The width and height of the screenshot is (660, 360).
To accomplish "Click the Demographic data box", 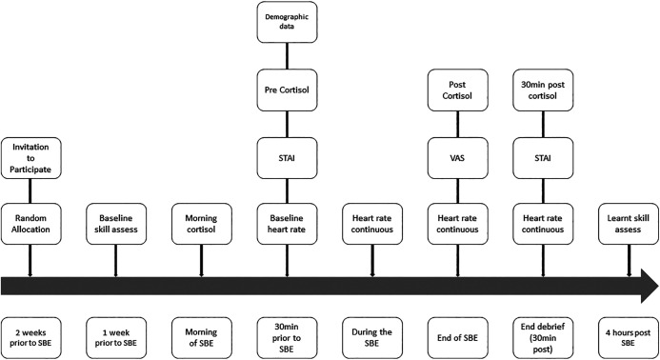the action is point(287,22).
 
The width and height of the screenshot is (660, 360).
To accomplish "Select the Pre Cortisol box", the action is point(287,90).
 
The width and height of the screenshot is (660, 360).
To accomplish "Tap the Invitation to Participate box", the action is point(30,158).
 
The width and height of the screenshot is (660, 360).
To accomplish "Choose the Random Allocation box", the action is point(30,224).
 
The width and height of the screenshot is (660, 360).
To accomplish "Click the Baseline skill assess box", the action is point(116,224).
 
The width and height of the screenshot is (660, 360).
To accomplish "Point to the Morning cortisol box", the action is point(202,224).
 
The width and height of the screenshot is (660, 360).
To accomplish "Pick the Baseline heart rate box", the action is point(287,224).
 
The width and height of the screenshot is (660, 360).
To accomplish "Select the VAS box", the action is point(457,158).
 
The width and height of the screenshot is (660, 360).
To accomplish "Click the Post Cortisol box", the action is point(457,90).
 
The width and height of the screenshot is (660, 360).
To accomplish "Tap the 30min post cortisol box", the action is point(543,90).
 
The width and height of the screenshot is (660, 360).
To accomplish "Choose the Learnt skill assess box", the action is point(629,224).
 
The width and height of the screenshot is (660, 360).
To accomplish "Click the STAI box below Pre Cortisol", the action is point(287,158).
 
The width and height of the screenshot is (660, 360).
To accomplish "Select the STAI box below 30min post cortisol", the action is point(543,158).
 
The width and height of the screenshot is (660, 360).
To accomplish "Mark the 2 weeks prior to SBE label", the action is point(30,338).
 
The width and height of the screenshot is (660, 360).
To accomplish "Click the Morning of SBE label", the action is point(202,338).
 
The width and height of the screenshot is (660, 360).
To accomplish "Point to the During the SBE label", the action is point(372,338).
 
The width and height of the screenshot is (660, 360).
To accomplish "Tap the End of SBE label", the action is point(457,338).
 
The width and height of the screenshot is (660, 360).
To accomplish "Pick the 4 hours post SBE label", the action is point(629,338).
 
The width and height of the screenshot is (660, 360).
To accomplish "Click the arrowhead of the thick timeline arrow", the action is point(650,286).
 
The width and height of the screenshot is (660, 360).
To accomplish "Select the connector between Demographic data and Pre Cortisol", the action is point(287,56).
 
